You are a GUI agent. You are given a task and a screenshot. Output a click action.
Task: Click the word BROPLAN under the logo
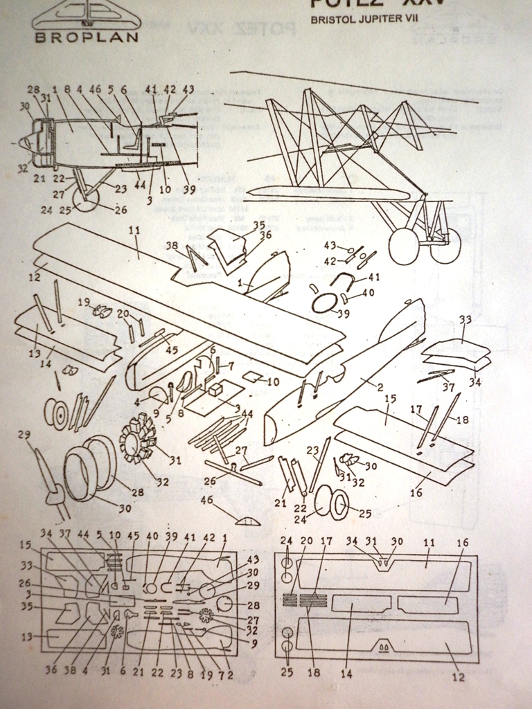(85, 37)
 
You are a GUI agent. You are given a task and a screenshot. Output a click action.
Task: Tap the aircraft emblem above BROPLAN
(85, 14)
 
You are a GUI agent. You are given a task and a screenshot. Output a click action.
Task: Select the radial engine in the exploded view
(139, 439)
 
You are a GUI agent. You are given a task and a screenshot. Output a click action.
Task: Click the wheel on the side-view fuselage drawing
(86, 199)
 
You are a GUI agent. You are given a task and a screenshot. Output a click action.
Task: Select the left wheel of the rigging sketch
(403, 246)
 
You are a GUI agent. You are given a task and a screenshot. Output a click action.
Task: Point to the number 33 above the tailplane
(465, 319)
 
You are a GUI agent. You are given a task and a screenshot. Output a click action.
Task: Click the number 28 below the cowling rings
(138, 492)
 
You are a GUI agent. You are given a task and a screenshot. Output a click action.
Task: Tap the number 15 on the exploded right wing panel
(390, 399)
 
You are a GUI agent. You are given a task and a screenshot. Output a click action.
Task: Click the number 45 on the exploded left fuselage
(171, 350)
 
